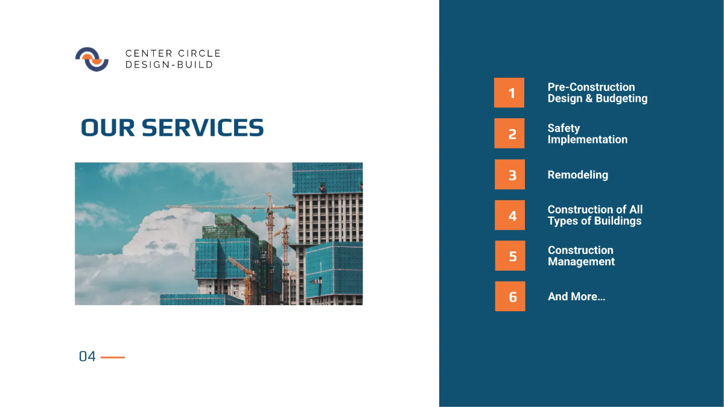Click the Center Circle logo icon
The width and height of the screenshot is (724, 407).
92,59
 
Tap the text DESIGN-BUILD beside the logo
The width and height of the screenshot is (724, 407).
169,65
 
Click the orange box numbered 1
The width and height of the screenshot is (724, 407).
509,93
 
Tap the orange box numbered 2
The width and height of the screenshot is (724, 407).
509,133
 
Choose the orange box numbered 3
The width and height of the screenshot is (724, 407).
510,174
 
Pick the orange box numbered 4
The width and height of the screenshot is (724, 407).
510,215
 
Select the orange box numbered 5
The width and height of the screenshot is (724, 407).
510,256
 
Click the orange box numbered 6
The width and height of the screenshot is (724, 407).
510,296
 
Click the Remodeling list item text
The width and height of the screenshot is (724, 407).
577,175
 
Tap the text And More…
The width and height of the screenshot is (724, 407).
576,297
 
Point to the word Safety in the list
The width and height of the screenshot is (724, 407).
564,128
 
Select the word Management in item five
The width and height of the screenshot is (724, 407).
581,262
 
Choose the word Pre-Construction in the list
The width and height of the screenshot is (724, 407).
591,87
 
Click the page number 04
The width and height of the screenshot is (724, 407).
87,356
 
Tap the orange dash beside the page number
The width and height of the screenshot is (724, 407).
113,357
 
